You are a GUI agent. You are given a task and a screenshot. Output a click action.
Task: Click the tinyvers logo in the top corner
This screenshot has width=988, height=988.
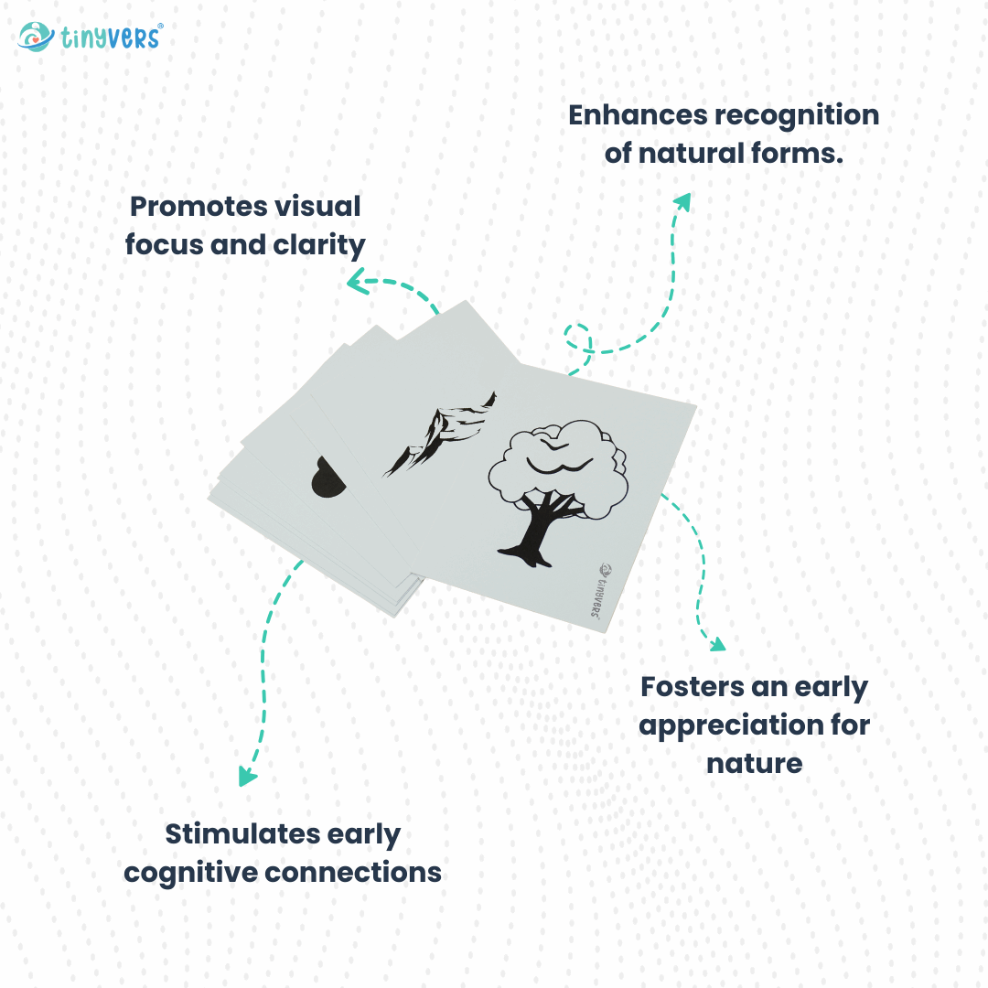(90, 37)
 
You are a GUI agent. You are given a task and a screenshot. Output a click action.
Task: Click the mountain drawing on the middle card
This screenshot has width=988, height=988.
(437, 435)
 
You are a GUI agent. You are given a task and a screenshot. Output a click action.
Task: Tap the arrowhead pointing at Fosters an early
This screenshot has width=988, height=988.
(715, 644)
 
